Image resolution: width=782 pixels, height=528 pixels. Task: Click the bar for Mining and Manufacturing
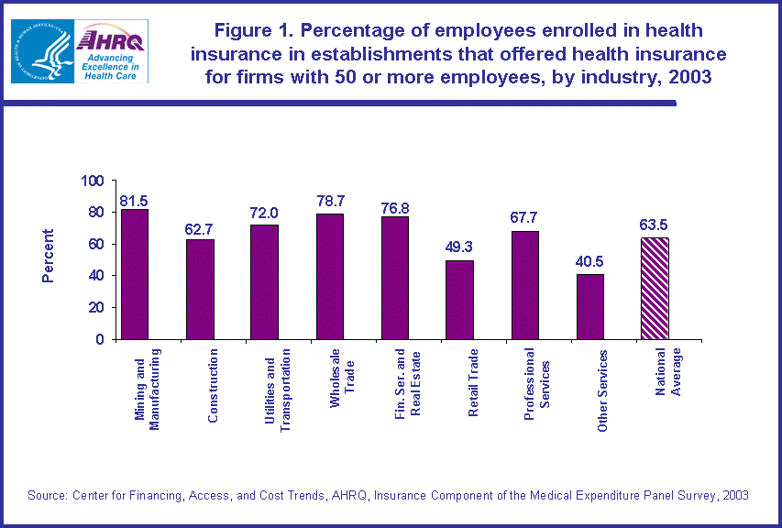tap(135, 274)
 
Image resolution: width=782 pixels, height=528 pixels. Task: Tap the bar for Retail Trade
tap(460, 300)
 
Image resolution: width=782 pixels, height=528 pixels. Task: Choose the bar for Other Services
tap(590, 306)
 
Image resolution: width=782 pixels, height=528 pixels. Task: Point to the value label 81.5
tap(134, 200)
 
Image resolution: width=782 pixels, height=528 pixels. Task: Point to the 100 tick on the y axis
tap(94, 181)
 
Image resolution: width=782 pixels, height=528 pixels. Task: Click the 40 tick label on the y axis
tap(97, 276)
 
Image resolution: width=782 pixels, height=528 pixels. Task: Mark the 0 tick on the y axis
tap(101, 339)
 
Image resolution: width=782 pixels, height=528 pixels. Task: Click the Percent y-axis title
tap(49, 257)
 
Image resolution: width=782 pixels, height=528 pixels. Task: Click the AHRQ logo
tap(112, 52)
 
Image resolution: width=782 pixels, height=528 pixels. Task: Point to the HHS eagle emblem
tap(41, 51)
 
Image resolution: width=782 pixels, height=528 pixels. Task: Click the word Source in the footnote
tap(48, 495)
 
